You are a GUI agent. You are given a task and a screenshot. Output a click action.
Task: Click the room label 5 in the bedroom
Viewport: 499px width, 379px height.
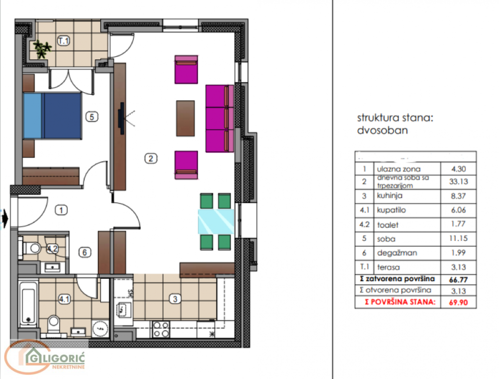[91, 117]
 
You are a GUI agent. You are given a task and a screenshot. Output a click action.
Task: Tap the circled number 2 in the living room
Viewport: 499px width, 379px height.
[151, 159]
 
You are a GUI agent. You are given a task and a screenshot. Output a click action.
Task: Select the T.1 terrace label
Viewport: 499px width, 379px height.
[63, 41]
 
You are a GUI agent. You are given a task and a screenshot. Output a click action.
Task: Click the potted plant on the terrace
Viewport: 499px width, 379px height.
[42, 48]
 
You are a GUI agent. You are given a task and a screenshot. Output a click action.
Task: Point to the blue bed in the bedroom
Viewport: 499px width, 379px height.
[52, 115]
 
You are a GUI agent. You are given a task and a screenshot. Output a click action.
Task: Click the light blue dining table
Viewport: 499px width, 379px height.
[216, 221]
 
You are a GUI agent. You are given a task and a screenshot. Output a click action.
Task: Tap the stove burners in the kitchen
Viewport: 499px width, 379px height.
[161, 329]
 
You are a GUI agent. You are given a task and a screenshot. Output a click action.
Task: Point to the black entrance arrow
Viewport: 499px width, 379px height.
[5, 218]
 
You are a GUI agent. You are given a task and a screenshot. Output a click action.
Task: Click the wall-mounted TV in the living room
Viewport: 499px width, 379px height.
[121, 118]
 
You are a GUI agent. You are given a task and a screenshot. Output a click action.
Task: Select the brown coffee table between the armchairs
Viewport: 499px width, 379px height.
[186, 118]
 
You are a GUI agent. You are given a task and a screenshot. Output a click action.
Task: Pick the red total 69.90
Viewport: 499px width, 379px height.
[458, 302]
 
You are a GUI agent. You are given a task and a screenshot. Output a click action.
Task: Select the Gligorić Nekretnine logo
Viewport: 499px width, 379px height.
[45, 357]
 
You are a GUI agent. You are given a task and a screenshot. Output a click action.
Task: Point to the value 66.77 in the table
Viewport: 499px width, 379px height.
[458, 279]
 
